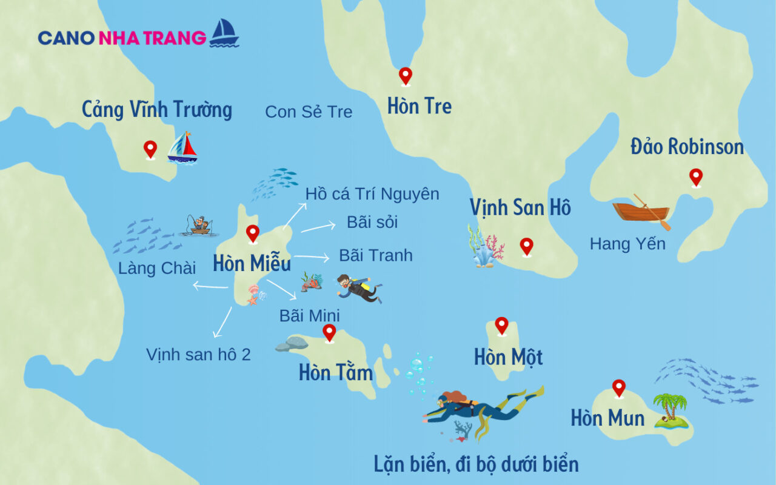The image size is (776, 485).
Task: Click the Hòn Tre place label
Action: tap(420, 107)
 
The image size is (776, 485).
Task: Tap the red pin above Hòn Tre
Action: tap(405, 76)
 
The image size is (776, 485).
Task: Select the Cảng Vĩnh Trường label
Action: tap(157, 110)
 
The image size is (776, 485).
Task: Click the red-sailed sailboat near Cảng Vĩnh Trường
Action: tap(182, 148)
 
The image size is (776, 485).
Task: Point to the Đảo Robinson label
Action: tap(687, 147)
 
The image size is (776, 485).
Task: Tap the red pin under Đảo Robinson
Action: tap(696, 177)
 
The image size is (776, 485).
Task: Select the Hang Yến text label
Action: tap(627, 244)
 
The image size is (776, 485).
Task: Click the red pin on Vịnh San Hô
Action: tap(526, 246)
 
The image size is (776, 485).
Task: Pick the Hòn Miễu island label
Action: tap(252, 264)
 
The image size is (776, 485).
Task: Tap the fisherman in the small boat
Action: tap(199, 225)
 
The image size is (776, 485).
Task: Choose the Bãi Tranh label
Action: tap(376, 255)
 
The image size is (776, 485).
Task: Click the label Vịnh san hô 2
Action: tap(198, 355)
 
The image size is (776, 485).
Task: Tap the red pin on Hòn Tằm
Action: tap(329, 332)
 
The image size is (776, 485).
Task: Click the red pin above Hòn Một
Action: tap(501, 326)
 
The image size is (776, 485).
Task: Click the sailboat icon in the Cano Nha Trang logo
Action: tap(224, 33)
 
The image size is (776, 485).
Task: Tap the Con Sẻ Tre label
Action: tap(309, 112)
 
